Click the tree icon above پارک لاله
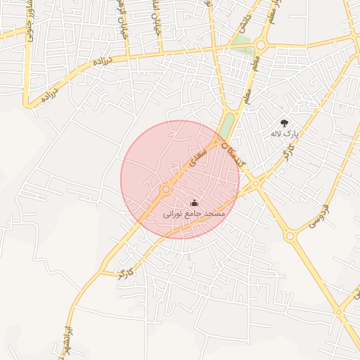point(284,122)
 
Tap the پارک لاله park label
point(285,132)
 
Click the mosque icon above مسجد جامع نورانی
point(194,202)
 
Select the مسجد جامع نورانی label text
point(194,212)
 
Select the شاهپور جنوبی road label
point(31,26)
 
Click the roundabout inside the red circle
point(167,189)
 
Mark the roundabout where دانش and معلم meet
point(261,45)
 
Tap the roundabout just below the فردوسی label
point(290,236)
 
